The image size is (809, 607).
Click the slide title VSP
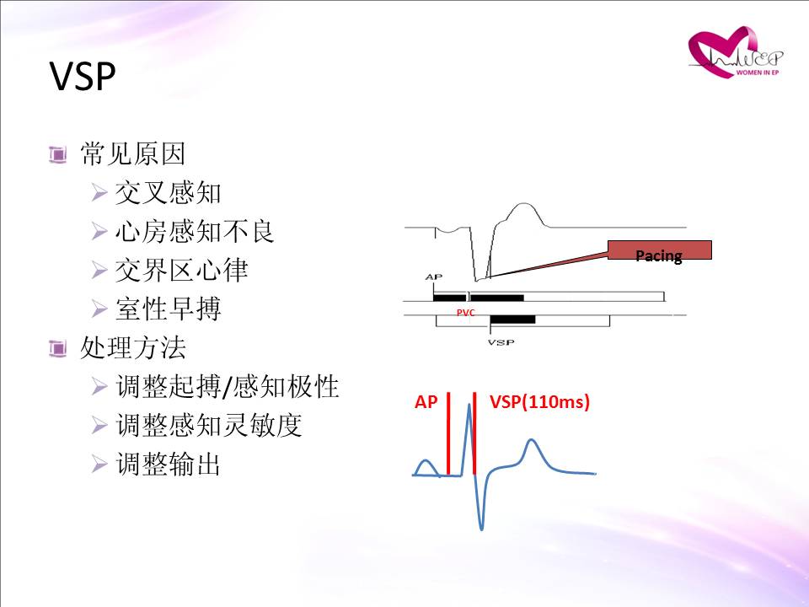(x=83, y=77)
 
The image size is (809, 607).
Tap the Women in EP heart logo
(x=735, y=52)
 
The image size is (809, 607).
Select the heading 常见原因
(x=132, y=153)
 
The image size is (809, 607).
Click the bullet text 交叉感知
(x=168, y=192)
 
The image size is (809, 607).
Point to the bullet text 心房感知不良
(x=195, y=231)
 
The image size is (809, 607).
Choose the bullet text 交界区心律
(x=182, y=270)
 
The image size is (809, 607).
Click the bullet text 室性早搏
(x=169, y=309)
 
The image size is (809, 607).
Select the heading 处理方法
(x=132, y=347)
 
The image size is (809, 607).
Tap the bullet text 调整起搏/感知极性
(x=228, y=386)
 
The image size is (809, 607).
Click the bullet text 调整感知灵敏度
(x=209, y=425)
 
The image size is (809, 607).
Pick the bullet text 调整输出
(x=169, y=464)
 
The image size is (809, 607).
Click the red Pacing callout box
(x=659, y=250)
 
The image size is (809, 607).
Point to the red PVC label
(x=465, y=313)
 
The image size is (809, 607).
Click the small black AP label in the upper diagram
(x=434, y=277)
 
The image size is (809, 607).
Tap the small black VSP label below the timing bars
(x=501, y=342)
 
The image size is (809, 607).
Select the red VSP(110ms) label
(x=539, y=401)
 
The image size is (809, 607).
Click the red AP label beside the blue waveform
(x=426, y=401)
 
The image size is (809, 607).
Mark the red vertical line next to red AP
(x=448, y=433)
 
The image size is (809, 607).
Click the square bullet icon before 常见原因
(x=58, y=154)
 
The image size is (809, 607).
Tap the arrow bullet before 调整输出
(x=99, y=464)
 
